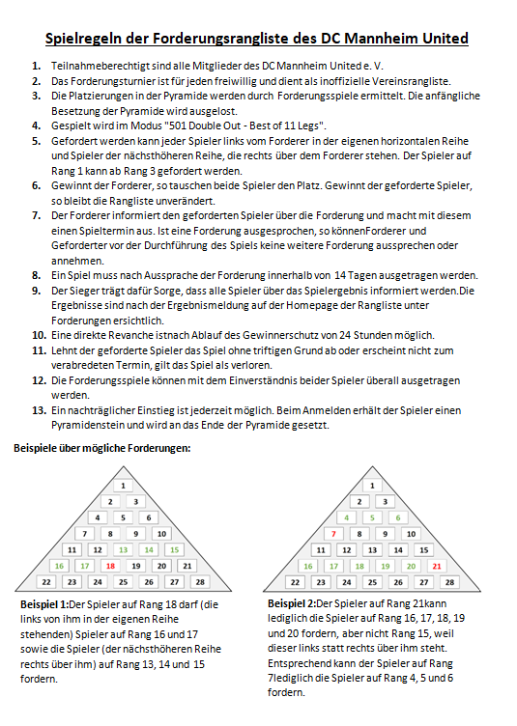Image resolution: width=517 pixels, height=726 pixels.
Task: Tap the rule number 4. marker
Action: pyautogui.click(x=37, y=126)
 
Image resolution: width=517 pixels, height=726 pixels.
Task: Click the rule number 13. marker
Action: pyautogui.click(x=39, y=410)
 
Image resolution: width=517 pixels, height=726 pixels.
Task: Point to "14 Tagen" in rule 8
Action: pyautogui.click(x=356, y=275)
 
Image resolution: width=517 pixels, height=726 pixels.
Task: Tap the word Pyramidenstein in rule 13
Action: pyautogui.click(x=88, y=425)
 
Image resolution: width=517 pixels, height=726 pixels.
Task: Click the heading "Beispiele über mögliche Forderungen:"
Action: pyautogui.click(x=101, y=448)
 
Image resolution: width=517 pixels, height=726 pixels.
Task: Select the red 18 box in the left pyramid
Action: pyautogui.click(x=110, y=566)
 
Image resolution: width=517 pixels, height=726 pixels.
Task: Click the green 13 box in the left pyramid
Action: pyautogui.click(x=124, y=549)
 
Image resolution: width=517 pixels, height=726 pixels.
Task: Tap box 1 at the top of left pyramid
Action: pyautogui.click(x=124, y=486)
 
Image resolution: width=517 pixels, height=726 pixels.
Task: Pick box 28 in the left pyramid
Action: pyautogui.click(x=200, y=582)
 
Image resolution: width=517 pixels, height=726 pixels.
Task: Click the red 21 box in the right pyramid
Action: pyautogui.click(x=437, y=566)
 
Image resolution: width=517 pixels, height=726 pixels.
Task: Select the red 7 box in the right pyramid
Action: pyautogui.click(x=333, y=534)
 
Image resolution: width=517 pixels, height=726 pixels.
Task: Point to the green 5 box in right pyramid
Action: pyautogui.click(x=372, y=517)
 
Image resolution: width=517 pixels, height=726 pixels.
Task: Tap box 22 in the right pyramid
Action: pyautogui.click(x=295, y=582)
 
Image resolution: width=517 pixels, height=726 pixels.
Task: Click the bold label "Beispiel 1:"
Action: pyautogui.click(x=44, y=604)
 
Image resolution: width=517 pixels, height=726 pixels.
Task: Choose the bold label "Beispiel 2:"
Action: pyautogui.click(x=292, y=603)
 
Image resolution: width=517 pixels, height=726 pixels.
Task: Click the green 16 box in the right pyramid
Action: pyautogui.click(x=308, y=566)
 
